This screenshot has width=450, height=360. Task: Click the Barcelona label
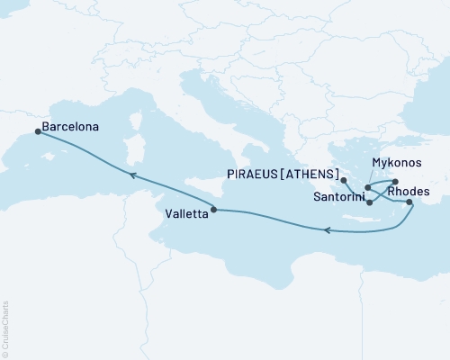coord(70,128)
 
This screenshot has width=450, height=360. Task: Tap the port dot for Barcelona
coord(38,131)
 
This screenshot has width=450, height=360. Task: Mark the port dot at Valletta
coord(213,211)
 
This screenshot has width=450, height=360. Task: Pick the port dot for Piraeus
coord(344,180)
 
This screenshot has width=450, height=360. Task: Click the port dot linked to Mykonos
coord(394,181)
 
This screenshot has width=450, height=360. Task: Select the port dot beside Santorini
coord(370,202)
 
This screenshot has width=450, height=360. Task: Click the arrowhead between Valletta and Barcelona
coord(131,176)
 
